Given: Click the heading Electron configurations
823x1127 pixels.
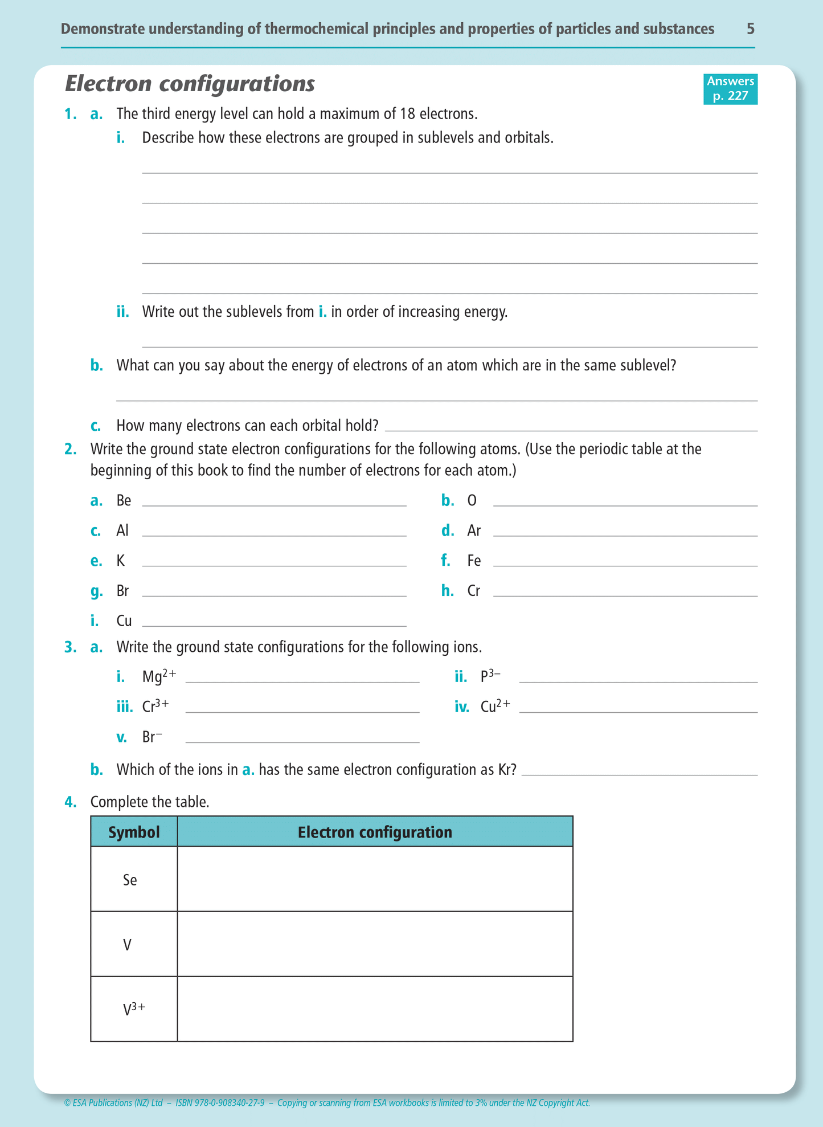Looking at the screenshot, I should [190, 84].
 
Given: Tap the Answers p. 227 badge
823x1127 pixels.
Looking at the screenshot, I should [730, 89].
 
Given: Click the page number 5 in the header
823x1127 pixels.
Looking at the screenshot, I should [751, 29].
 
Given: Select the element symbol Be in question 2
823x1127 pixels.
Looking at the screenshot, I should [124, 501].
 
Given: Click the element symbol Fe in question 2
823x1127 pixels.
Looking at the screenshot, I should [474, 561].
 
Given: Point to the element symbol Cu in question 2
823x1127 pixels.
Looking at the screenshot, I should [124, 621].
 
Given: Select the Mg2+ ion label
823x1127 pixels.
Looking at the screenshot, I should [159, 677].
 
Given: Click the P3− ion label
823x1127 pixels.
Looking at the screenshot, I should [490, 676].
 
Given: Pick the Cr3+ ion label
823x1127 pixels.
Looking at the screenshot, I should [155, 707].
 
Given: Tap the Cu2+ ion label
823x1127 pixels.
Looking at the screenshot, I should [495, 707].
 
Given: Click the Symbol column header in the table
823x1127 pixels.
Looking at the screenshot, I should [134, 832].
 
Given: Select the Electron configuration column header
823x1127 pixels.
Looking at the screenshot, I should [375, 832].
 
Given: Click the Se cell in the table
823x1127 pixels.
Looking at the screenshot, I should [130, 880].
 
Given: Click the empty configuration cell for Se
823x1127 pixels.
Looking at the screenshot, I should [375, 879].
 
